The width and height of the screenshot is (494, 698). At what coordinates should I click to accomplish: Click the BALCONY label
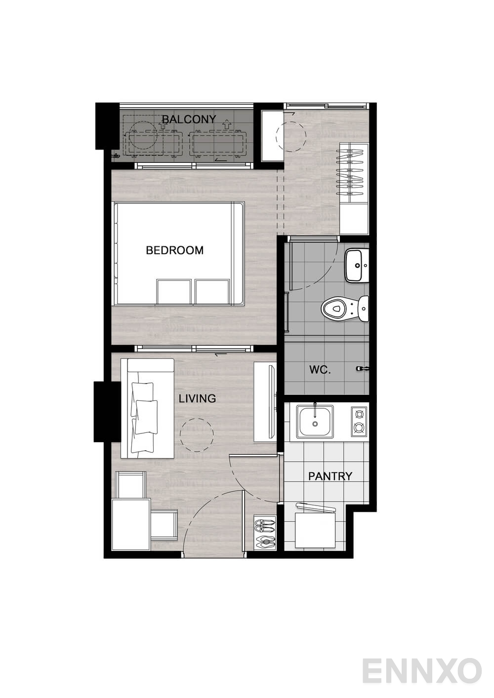189,119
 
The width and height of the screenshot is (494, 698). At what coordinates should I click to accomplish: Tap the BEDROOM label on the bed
175,250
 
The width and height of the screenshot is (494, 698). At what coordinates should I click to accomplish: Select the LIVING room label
197,398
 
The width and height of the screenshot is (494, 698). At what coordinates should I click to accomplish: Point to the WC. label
320,370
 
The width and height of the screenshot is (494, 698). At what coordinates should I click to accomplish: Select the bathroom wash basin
357,266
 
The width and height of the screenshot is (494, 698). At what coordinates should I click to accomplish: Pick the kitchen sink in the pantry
315,421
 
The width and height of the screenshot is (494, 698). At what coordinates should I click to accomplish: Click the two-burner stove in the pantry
359,421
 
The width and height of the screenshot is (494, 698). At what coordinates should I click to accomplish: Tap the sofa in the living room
147,408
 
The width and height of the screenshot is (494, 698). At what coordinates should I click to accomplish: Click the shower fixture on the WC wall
363,369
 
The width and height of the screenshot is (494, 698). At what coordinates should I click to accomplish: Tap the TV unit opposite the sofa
265,401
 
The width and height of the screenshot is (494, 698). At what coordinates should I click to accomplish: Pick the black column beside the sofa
107,412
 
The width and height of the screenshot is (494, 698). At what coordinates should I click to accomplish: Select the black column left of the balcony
108,126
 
